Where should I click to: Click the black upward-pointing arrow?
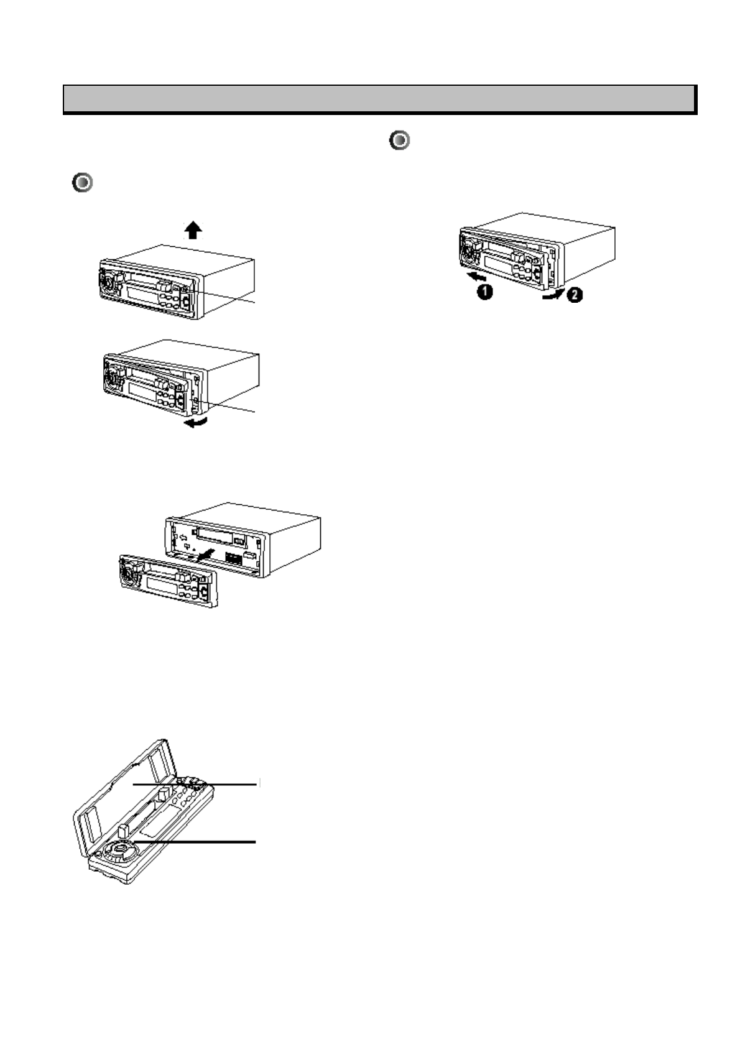[193, 231]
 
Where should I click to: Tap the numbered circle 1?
[484, 292]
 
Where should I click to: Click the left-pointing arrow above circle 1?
[478, 275]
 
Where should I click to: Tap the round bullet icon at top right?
[400, 141]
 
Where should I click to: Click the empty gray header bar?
[379, 98]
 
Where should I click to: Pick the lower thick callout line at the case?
[199, 841]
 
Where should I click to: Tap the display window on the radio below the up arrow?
[143, 291]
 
